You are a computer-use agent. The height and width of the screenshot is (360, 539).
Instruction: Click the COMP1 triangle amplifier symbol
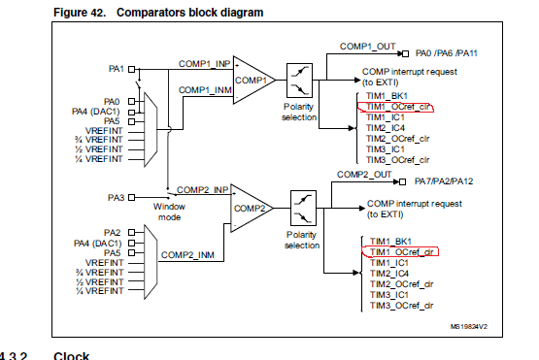[x=253, y=80]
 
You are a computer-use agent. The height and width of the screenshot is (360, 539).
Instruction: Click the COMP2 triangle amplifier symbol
[x=252, y=209]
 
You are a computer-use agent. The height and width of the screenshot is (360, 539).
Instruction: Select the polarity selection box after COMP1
[x=299, y=81]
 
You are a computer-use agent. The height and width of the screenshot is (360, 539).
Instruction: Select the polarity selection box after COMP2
[x=303, y=208]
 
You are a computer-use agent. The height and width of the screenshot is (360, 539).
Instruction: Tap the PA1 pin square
[x=131, y=70]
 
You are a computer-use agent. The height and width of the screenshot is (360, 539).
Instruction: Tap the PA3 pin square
[x=131, y=198]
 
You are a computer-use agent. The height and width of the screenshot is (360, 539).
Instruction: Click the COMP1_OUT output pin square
[x=405, y=54]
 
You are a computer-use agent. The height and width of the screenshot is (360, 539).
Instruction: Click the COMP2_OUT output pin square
[x=402, y=181]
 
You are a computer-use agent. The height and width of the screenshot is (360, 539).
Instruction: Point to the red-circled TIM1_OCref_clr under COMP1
[x=395, y=107]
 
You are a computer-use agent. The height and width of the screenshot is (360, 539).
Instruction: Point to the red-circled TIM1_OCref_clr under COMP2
[x=400, y=252]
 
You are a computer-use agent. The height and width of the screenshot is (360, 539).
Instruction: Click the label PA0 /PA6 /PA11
[x=446, y=53]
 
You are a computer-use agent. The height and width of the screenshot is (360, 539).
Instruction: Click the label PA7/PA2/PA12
[x=444, y=181]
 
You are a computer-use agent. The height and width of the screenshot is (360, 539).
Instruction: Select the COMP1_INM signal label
[x=205, y=90]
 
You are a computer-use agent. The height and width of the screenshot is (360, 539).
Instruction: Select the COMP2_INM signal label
[x=187, y=255]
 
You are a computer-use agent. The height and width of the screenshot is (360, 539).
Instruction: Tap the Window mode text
[x=169, y=212]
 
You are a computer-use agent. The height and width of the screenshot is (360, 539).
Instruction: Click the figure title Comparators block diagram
[x=189, y=13]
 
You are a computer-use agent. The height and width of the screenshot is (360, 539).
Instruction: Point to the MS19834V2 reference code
[x=469, y=327]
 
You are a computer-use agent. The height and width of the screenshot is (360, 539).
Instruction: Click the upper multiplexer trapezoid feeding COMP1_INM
[x=151, y=129]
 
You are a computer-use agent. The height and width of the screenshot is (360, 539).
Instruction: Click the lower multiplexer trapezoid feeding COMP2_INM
[x=151, y=262]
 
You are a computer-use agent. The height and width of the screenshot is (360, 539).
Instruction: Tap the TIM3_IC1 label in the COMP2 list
[x=389, y=295]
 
